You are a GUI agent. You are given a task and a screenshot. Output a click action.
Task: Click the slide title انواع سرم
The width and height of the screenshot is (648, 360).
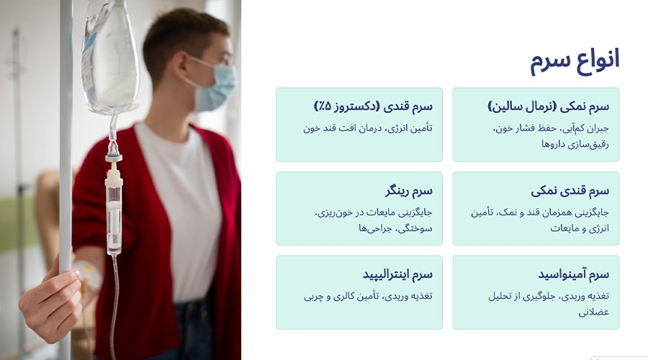coord(575,60)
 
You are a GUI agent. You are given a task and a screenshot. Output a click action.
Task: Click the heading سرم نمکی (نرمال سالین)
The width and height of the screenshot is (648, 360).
coord(549,107)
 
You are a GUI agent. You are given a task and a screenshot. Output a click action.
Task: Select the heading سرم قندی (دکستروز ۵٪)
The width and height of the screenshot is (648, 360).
coord(373,107)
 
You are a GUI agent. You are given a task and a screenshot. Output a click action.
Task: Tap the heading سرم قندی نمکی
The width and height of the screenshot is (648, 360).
coord(570,191)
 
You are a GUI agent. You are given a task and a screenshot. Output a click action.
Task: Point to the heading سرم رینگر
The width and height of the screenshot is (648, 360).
coord(408,191)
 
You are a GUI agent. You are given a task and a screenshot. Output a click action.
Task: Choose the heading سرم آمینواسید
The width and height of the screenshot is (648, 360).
coord(573,274)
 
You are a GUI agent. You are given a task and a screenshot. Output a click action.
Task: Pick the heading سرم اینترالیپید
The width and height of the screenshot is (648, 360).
coord(397,274)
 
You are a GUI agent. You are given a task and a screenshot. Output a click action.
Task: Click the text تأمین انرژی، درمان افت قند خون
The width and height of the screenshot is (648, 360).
coord(368,129)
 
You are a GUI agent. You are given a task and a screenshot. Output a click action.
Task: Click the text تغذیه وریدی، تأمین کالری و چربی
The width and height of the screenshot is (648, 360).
coord(368,296)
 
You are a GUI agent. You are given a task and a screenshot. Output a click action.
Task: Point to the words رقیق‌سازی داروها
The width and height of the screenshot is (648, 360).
coord(575,145)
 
